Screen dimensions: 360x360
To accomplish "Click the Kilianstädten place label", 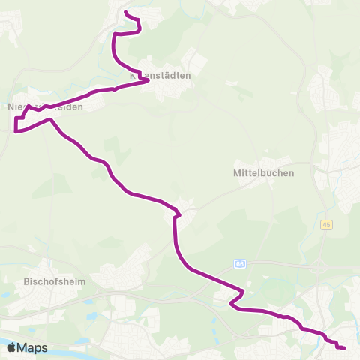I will tap(160, 76).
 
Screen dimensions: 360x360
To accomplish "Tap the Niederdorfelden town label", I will tap(44, 107).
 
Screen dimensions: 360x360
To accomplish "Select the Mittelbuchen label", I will tap(265, 172).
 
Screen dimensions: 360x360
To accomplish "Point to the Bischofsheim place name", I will tap(55, 281).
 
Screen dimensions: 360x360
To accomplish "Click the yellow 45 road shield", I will tap(326, 224).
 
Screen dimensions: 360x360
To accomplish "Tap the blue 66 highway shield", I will tap(239, 263).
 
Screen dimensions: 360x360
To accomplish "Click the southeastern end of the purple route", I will tap(344, 348).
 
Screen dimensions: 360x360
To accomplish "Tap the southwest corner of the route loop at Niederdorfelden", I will tap(15, 131).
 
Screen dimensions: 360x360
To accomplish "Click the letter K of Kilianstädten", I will tap(133, 76).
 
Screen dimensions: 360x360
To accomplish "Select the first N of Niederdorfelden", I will tap(10, 107).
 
